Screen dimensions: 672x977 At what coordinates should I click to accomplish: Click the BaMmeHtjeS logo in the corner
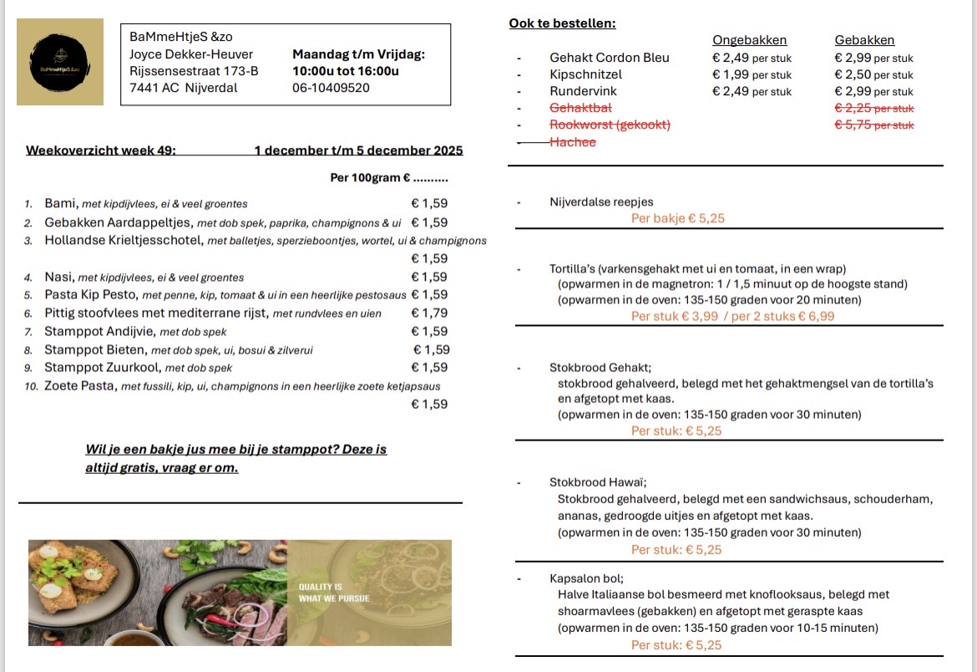coord(60,62)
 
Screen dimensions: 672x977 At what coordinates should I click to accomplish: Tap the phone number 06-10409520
coord(331,88)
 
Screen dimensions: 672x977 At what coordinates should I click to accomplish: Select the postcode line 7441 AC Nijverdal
coord(183,88)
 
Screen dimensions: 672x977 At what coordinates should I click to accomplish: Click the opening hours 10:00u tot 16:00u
coord(345,71)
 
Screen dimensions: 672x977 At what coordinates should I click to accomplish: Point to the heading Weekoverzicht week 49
coord(100,150)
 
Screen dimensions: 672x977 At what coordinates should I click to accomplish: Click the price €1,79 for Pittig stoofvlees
coord(429,313)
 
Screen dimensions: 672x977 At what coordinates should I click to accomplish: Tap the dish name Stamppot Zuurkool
coord(102,368)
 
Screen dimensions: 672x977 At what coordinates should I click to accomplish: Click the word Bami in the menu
coord(60,203)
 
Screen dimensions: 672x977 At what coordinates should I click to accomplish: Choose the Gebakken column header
coord(864,40)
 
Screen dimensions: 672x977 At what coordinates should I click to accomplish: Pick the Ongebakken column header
coord(749,40)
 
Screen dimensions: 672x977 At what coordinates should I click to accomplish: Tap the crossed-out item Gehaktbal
coord(580,109)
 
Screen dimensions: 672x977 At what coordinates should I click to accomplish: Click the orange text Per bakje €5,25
coord(677,218)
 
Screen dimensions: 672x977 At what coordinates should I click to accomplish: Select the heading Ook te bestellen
coord(562,23)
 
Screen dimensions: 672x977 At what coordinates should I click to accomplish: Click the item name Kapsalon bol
coord(586,578)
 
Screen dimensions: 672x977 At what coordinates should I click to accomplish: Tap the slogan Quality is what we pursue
coord(334,593)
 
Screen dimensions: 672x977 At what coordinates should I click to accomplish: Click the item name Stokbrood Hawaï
coord(598,482)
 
